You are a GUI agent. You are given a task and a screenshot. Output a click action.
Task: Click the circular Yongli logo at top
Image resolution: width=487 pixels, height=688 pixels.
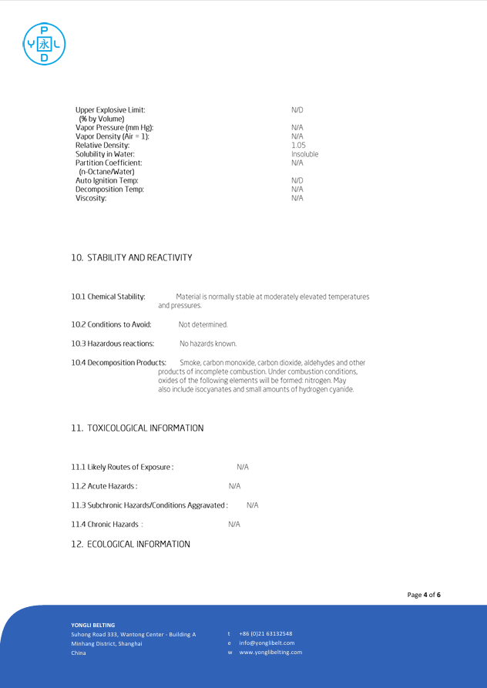[44, 43]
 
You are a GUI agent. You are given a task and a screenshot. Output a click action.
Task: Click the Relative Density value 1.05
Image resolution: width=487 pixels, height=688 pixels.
[298, 145]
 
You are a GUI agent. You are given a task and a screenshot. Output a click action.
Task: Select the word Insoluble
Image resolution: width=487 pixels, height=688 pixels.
[304, 154]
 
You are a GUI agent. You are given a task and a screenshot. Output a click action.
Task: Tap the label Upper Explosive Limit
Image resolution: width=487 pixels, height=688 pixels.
[109, 110]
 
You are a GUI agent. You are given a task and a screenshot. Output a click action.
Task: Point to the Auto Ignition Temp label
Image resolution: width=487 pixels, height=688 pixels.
[106, 180]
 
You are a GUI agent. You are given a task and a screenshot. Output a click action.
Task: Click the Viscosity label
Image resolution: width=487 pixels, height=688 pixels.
[91, 198]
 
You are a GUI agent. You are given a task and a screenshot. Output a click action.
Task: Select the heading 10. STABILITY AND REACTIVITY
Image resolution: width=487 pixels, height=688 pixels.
[132, 257]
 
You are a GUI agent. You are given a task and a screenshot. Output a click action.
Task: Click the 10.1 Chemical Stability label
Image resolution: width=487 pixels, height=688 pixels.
[108, 297]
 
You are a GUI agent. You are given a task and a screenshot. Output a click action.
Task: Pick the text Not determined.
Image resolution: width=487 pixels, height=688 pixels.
[203, 324]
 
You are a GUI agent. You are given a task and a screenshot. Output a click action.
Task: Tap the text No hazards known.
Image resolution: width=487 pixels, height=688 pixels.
[208, 344]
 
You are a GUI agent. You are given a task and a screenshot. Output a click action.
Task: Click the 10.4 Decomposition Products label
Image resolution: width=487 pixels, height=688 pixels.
[119, 362]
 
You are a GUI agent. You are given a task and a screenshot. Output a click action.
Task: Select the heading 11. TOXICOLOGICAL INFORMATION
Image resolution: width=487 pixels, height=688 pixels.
[137, 428]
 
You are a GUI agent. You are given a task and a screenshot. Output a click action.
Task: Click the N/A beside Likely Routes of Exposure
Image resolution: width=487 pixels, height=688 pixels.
[243, 467]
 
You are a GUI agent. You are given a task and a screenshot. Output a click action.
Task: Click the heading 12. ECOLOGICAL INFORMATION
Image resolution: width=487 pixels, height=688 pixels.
[130, 544]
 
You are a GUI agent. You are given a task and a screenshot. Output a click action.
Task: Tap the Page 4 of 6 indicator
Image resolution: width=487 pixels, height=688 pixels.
[424, 595]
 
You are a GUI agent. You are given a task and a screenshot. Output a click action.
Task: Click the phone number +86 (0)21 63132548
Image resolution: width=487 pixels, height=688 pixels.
[265, 633]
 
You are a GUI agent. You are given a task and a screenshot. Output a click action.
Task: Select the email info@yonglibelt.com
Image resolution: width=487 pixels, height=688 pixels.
[267, 643]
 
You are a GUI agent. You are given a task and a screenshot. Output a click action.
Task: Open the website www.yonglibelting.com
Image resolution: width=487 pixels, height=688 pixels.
[270, 652]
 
